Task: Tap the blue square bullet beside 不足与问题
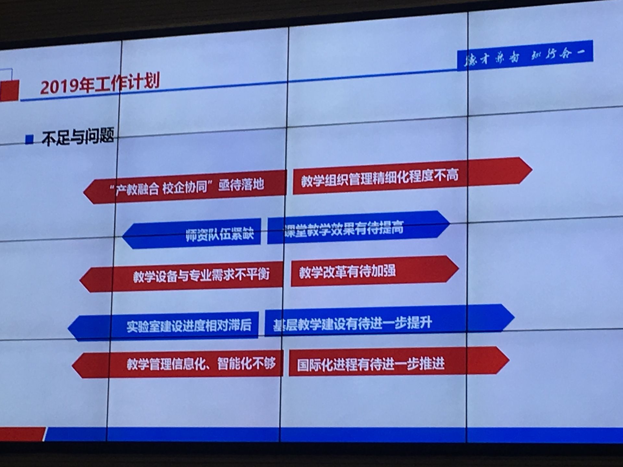click(30, 139)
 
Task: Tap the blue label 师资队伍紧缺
click(220, 234)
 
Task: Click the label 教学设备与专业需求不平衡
click(201, 275)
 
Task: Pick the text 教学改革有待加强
click(347, 271)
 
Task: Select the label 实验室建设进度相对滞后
click(189, 325)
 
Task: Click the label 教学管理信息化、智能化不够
click(201, 364)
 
